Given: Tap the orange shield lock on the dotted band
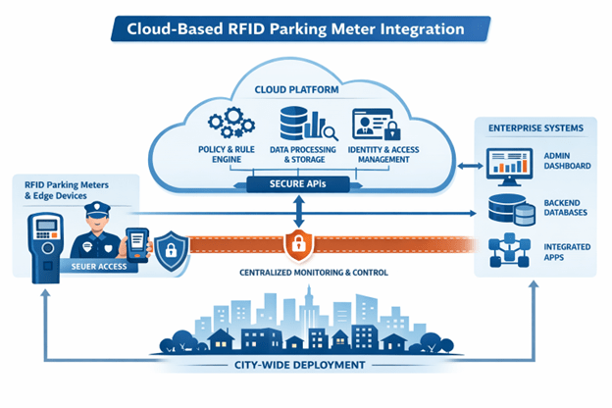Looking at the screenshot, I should click(x=297, y=242).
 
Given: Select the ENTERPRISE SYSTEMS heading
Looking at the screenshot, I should click(x=536, y=129).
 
